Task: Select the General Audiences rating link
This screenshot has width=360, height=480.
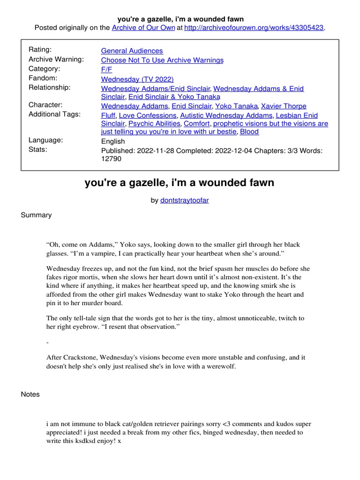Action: point(132,51)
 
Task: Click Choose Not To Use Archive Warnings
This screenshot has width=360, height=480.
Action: point(162,60)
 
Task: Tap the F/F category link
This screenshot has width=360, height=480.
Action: point(106,69)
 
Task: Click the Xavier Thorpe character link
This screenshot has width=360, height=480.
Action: point(283,106)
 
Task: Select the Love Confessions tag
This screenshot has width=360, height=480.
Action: point(148,115)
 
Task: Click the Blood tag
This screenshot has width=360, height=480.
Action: point(249,132)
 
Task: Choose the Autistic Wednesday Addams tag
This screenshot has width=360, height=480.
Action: point(226,115)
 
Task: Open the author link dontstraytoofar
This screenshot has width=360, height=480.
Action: point(185,200)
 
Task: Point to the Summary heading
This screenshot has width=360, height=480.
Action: point(36,215)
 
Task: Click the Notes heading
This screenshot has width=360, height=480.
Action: point(30,394)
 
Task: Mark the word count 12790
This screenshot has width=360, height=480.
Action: point(112,159)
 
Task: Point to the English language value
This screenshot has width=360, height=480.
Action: point(113,141)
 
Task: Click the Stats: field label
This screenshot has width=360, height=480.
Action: point(37,150)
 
